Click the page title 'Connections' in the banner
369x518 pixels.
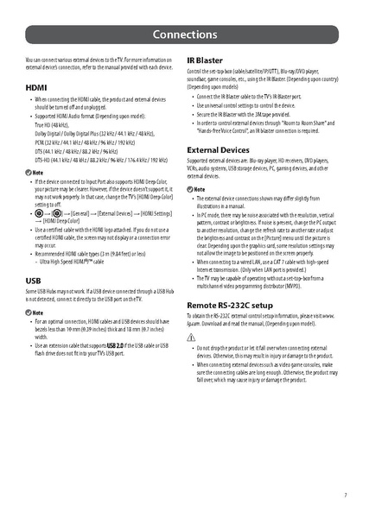[x=184, y=35]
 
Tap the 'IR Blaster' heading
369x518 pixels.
[x=205, y=60]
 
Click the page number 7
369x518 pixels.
[x=345, y=495]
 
